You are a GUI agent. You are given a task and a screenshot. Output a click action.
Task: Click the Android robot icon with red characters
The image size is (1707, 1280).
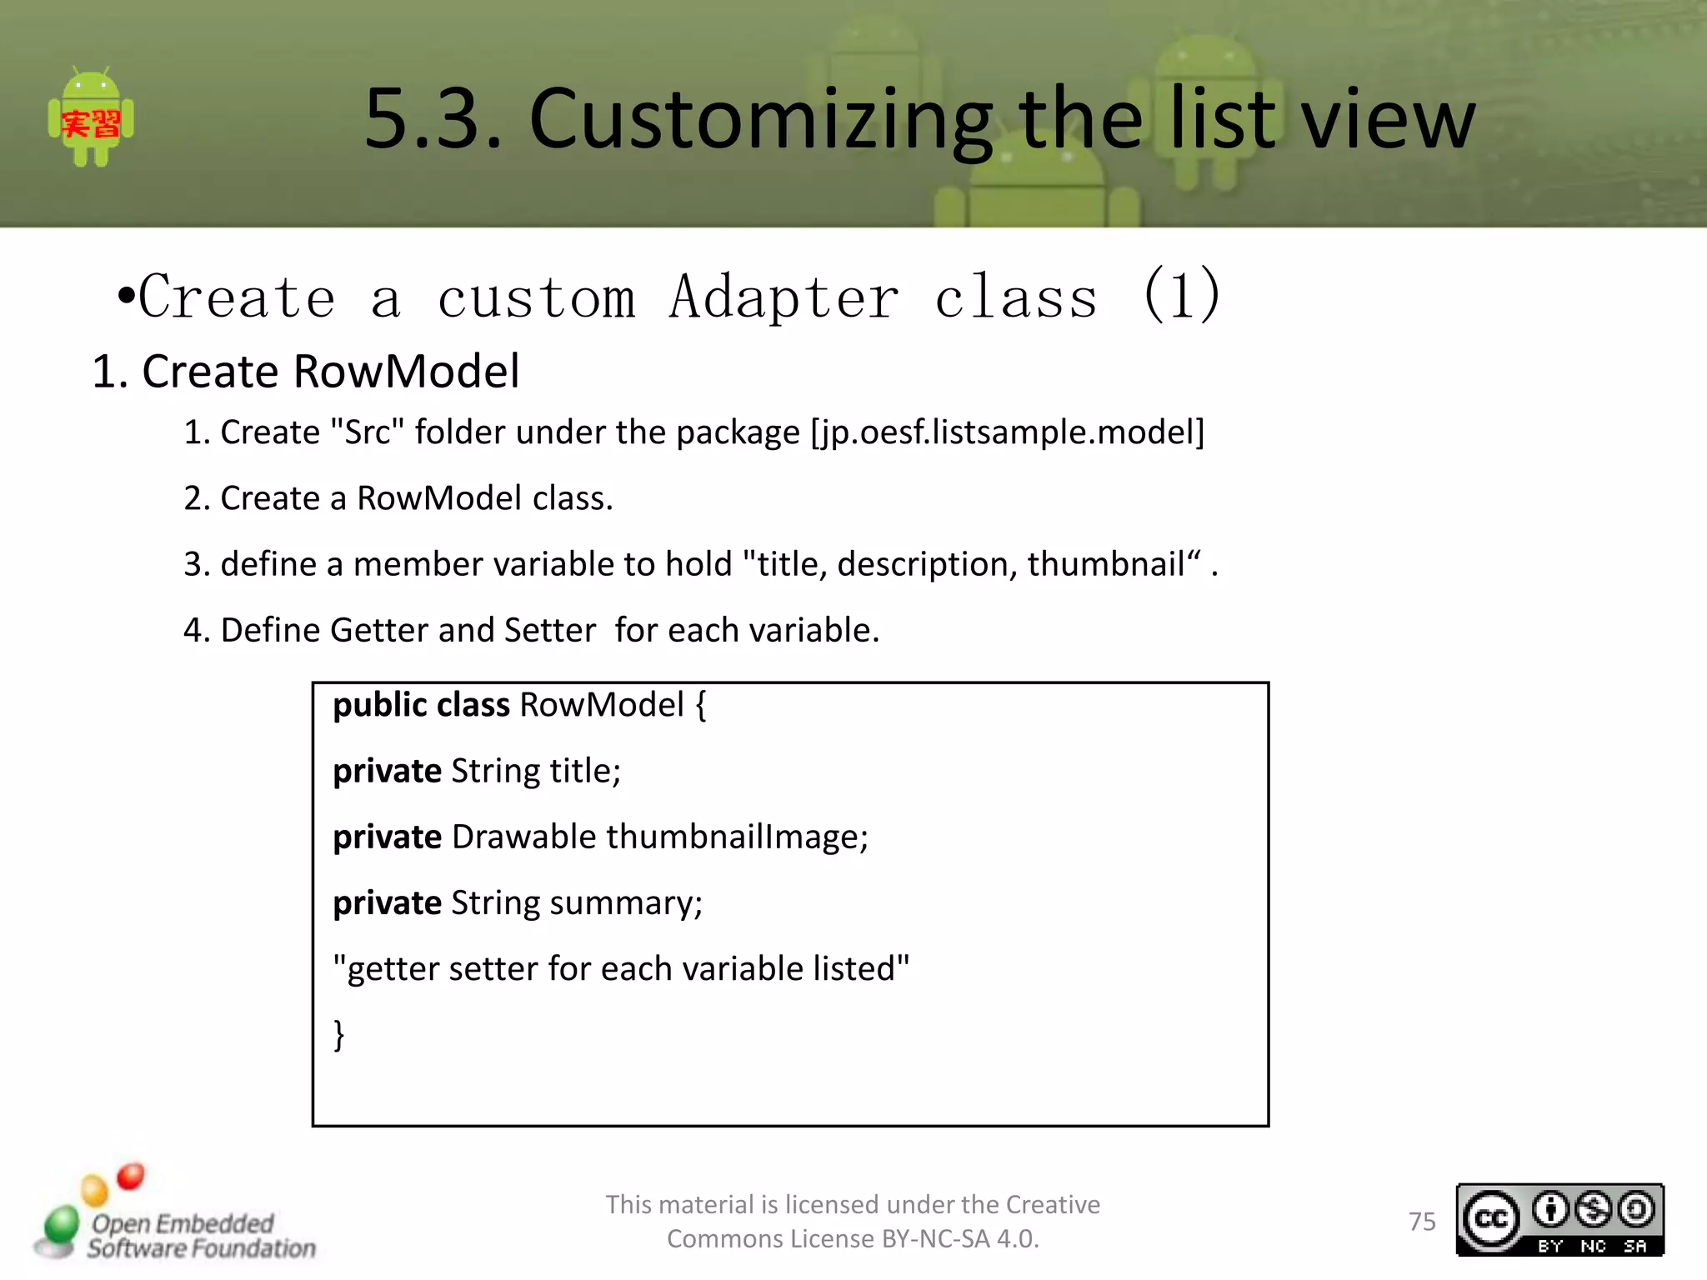pyautogui.click(x=91, y=118)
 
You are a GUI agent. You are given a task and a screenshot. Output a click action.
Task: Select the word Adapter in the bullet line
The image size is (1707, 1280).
pyautogui.click(x=783, y=297)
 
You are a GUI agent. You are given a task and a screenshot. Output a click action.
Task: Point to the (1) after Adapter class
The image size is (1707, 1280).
pyautogui.click(x=1181, y=295)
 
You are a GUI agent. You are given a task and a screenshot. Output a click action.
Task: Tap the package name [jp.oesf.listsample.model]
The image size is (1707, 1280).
pyautogui.click(x=1008, y=432)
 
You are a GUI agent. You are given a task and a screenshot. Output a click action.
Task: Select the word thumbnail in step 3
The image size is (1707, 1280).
pyautogui.click(x=1105, y=564)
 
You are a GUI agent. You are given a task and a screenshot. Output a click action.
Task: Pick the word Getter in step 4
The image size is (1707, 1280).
pyautogui.click(x=379, y=630)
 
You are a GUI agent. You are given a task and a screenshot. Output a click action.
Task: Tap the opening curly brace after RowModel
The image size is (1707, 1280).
pyautogui.click(x=700, y=706)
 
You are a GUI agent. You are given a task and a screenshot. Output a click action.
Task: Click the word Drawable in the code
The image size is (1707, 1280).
pyautogui.click(x=523, y=837)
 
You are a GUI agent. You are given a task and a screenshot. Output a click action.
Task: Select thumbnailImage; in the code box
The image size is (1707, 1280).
pyautogui.click(x=737, y=837)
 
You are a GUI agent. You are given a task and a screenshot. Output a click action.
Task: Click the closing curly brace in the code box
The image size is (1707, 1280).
pyautogui.click(x=338, y=1035)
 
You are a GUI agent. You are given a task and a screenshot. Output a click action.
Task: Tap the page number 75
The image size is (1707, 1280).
pyautogui.click(x=1422, y=1222)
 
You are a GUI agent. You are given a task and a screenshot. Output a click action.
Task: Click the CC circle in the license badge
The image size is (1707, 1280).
pyautogui.click(x=1490, y=1220)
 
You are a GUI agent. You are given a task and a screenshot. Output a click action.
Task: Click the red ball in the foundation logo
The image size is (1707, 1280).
pyautogui.click(x=131, y=1176)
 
